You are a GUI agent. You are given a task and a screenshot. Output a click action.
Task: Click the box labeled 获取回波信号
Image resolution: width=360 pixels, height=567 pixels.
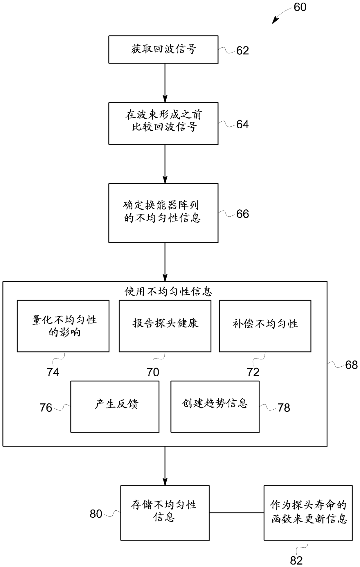pos(163,49)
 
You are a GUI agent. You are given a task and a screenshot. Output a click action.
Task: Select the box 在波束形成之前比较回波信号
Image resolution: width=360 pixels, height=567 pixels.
pos(163,123)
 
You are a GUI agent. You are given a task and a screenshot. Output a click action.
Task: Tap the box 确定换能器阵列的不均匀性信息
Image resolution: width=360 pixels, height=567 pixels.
pos(163,213)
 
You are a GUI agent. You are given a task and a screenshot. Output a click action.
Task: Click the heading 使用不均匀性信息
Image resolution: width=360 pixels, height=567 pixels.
pos(168,291)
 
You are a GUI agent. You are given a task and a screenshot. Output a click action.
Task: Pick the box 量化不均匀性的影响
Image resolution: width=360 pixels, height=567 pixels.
pos(63,326)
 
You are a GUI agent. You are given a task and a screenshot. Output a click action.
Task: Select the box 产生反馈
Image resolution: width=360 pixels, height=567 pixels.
pos(115,406)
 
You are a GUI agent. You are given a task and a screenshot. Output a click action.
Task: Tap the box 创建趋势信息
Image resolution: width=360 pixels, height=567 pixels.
pos(215,406)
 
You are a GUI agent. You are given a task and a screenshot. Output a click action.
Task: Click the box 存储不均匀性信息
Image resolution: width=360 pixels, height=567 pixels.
pos(165,513)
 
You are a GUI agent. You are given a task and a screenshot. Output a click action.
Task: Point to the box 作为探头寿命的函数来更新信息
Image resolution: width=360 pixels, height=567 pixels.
pos(308,513)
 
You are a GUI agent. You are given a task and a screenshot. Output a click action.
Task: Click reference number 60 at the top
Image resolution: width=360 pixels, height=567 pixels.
pos(300,7)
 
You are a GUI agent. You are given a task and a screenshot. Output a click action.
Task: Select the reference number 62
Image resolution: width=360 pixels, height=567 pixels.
pos(242,51)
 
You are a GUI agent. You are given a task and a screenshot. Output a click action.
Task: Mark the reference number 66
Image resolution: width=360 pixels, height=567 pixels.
pos(242,214)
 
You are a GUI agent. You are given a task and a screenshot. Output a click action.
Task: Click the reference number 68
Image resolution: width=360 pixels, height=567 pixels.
pos(351,365)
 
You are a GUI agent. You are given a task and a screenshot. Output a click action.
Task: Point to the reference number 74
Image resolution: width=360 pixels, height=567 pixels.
pos(53,372)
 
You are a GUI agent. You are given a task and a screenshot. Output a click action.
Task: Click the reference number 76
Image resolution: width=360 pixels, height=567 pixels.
pos(46,408)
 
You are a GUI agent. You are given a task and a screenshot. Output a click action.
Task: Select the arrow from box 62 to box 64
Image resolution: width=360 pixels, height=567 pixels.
pos(165,83)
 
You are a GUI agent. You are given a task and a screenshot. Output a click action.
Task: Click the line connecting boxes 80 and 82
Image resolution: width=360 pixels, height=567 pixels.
pos(236,513)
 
